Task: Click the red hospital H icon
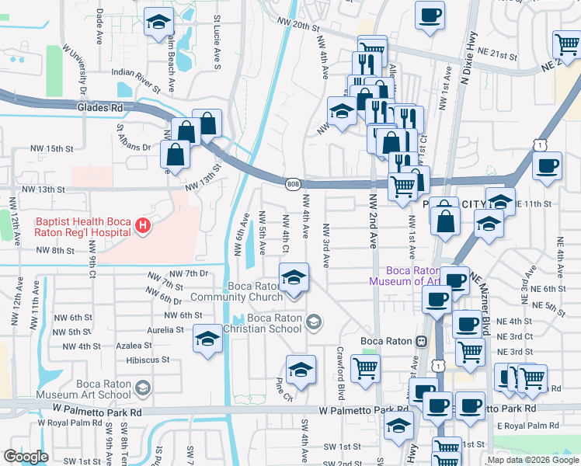point(142,226)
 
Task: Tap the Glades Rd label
point(100,108)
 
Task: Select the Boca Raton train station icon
point(421,341)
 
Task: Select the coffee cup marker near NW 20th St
point(430,15)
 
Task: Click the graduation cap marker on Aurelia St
point(207,339)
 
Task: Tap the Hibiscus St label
point(147,360)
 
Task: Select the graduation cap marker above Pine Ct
point(301,370)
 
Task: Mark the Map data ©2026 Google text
point(532,460)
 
